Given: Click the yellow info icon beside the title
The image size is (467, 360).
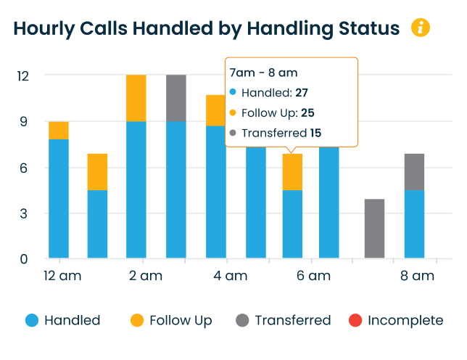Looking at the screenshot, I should pyautogui.click(x=421, y=28).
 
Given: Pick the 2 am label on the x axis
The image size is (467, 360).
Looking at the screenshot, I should pyautogui.click(x=146, y=276).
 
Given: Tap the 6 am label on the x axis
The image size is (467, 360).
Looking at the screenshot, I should pyautogui.click(x=314, y=276).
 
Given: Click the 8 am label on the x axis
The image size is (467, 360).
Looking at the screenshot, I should pyautogui.click(x=417, y=276).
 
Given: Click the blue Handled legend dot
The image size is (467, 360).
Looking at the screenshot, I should pyautogui.click(x=32, y=320).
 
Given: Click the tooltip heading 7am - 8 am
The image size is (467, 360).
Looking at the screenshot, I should pyautogui.click(x=263, y=73).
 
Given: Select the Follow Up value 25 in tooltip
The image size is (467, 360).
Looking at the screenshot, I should pyautogui.click(x=307, y=113).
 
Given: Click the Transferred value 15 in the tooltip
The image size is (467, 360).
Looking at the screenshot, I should pyautogui.click(x=315, y=133).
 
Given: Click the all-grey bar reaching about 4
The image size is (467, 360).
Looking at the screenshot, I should pyautogui.click(x=374, y=229).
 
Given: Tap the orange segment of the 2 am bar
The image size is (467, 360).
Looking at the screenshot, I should pyautogui.click(x=136, y=98).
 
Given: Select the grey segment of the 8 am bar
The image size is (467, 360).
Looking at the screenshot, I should pyautogui.click(x=414, y=172).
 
